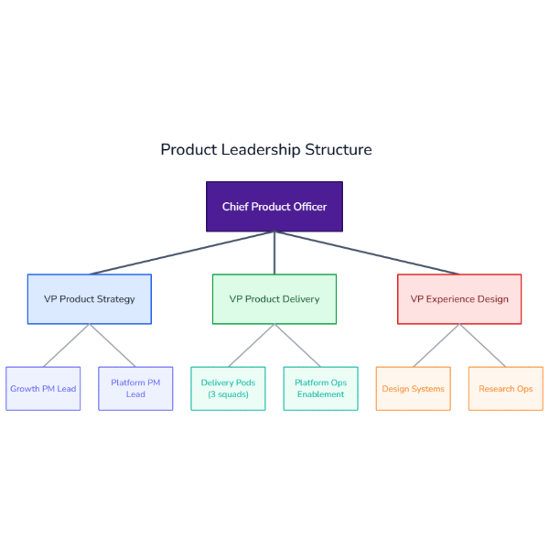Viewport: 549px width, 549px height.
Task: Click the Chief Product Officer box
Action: pyautogui.click(x=274, y=206)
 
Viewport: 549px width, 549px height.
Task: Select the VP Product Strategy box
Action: pyautogui.click(x=89, y=299)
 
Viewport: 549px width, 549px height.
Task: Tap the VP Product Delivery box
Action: pyautogui.click(x=274, y=299)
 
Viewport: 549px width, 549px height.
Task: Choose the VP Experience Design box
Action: pyautogui.click(x=459, y=299)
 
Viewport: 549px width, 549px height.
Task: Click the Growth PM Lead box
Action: pyautogui.click(x=43, y=389)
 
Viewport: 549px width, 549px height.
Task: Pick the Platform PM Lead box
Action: pyautogui.click(x=135, y=389)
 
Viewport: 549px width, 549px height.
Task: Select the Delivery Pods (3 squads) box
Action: pyautogui.click(x=228, y=389)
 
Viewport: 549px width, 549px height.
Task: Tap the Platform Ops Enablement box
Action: pyautogui.click(x=320, y=389)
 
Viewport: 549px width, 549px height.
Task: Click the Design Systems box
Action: pyautogui.click(x=413, y=389)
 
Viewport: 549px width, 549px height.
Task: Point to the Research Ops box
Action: pyautogui.click(x=505, y=389)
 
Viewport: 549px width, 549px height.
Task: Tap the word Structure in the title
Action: pyautogui.click(x=339, y=149)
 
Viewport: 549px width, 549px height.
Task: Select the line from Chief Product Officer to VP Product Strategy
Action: pyautogui.click(x=183, y=253)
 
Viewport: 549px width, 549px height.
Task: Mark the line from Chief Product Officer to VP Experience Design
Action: pyautogui.click(x=366, y=253)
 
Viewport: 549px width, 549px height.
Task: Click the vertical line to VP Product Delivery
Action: pyautogui.click(x=274, y=253)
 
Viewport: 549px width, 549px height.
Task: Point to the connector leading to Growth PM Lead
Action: pyautogui.click(x=66, y=345)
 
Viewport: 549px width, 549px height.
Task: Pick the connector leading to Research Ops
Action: pyautogui.click(x=482, y=345)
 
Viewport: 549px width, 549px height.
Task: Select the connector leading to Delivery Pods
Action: pyautogui.click(x=251, y=345)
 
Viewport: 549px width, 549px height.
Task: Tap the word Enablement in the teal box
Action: pyautogui.click(x=320, y=395)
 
